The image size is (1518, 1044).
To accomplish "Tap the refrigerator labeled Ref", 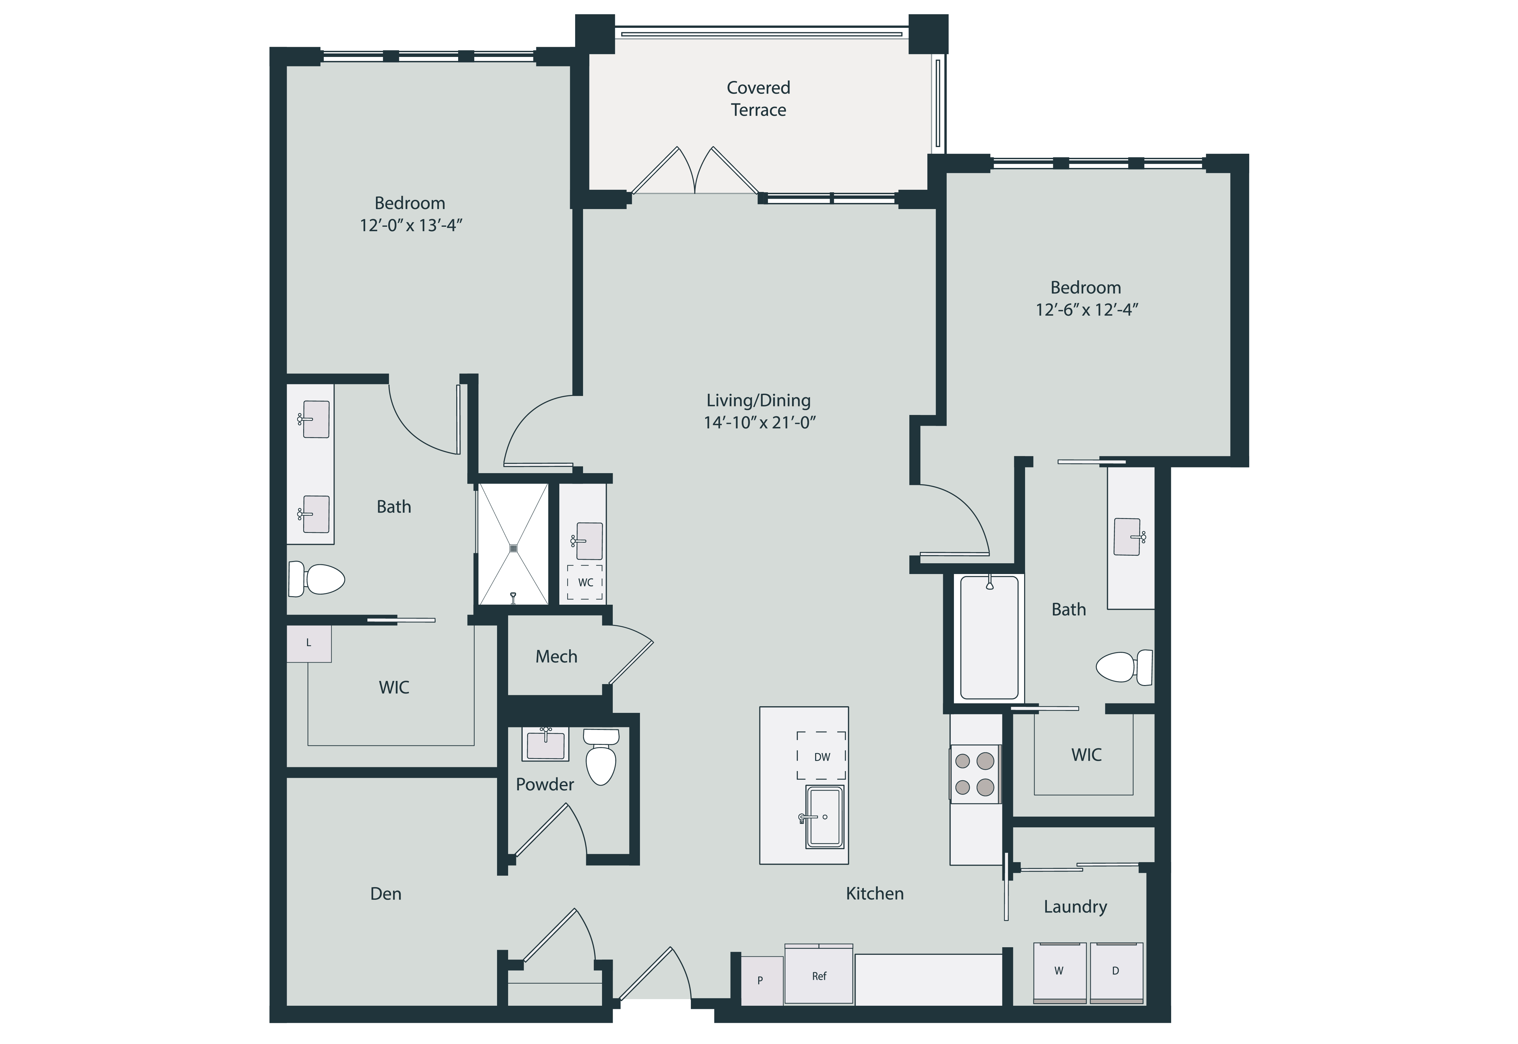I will (x=819, y=976).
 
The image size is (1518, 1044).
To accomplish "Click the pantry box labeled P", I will (x=761, y=980).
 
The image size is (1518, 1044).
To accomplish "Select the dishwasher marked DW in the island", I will (x=821, y=757).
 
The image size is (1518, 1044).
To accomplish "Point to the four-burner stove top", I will (x=974, y=774).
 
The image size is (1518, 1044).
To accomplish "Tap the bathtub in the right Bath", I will (x=989, y=638).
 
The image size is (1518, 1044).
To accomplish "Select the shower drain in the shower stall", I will (x=513, y=548).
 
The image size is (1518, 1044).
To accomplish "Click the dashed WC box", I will (x=585, y=582).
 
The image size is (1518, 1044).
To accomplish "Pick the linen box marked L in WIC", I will (x=309, y=644).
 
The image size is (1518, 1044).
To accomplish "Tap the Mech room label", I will (x=556, y=657).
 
